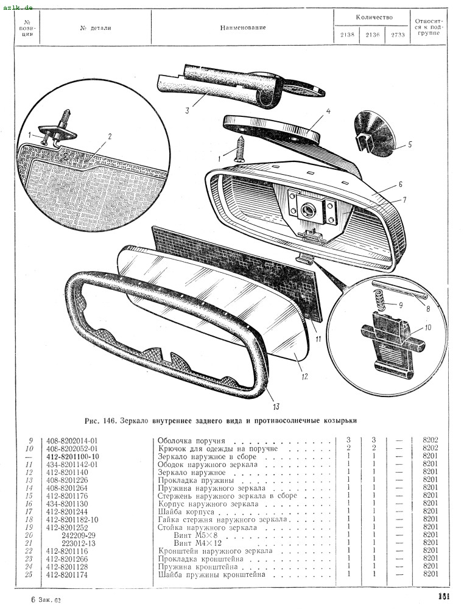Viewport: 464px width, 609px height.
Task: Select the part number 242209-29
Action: [79, 535]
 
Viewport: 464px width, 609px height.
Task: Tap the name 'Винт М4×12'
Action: [198, 543]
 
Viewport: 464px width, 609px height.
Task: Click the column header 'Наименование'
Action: [243, 27]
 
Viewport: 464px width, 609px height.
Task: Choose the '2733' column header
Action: [398, 35]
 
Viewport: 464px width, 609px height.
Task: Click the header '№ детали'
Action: [96, 28]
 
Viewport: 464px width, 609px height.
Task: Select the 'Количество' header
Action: [374, 17]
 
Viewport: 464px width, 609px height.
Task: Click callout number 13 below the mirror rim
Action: [276, 406]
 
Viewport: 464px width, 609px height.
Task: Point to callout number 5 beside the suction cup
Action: [409, 145]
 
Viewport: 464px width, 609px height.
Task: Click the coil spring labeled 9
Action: [381, 300]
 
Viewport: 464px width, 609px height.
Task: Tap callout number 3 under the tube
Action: [187, 110]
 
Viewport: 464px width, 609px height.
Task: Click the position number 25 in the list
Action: [29, 574]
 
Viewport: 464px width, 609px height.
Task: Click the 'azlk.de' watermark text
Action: [18, 7]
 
